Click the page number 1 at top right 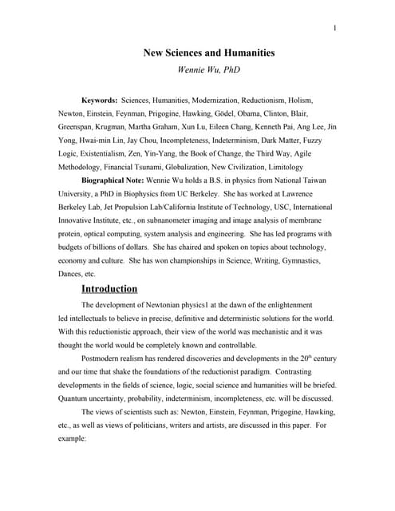(x=336, y=29)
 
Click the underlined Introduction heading (x=109, y=288)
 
